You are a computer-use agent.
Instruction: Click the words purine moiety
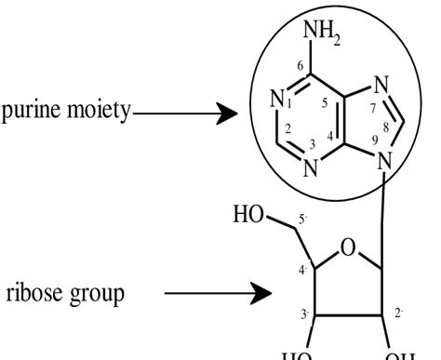click(66, 116)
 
